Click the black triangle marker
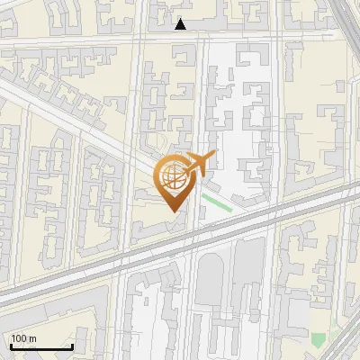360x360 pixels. [x=181, y=23]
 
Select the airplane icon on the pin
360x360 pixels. [x=197, y=164]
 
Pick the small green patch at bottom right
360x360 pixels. [x=318, y=340]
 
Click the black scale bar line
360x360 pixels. [x=41, y=346]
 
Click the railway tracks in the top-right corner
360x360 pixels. [x=347, y=18]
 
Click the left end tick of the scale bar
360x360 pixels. [x=11, y=346]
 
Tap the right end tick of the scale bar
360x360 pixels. [x=72, y=346]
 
